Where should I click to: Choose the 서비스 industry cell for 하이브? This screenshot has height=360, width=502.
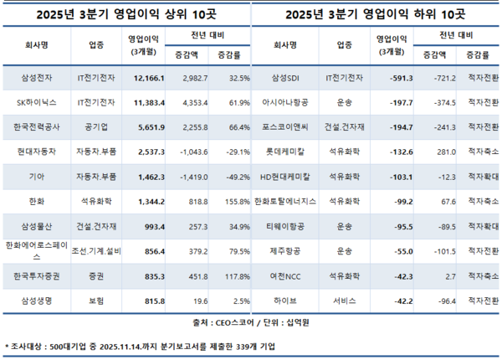tap(344, 299)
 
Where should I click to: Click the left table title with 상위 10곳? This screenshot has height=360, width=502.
tap(125, 13)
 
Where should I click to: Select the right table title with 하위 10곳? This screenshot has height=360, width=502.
tap(375, 13)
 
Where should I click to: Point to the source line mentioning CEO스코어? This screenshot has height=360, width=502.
tap(251, 321)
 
